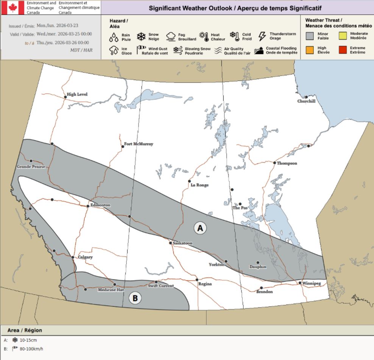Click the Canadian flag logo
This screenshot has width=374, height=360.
pos(13,8)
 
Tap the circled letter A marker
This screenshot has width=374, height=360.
pos(200,228)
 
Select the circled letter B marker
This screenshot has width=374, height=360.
pos(135,298)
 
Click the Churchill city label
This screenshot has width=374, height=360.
pos(306,101)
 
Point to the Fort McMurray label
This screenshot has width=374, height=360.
pos(139,144)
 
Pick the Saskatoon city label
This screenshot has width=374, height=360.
pos(182,243)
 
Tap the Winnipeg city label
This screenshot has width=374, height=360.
pos(312,283)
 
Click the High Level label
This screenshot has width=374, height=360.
pos(77,94)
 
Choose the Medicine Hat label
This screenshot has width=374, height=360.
pos(111,290)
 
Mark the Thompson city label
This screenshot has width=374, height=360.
pos(287,163)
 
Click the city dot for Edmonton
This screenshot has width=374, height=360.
pos(88,206)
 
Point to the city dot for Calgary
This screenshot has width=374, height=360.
pos(73,257)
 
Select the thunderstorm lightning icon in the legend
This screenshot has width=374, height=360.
pos(262,36)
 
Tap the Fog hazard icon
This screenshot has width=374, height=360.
pos(171,37)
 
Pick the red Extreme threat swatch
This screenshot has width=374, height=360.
pos(342,50)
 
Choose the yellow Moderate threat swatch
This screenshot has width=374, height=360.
pos(342,36)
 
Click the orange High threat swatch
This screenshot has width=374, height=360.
pos(310,50)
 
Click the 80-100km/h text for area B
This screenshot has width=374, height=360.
pos(31,349)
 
